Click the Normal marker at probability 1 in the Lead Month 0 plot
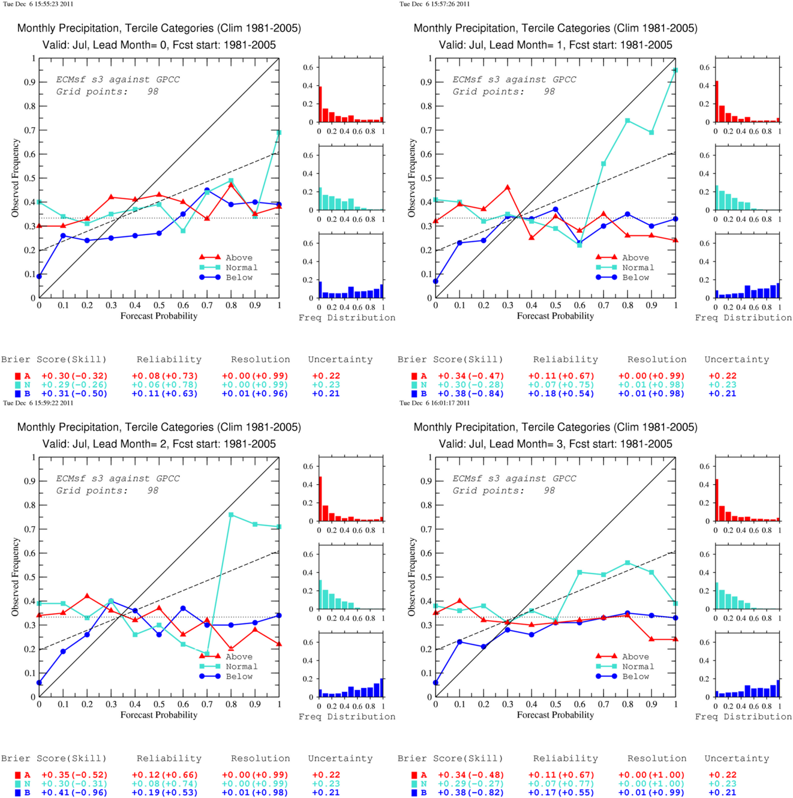pyautogui.click(x=279, y=133)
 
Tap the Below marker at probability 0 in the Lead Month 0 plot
pyautogui.click(x=40, y=276)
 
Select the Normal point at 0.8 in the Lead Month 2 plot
pyautogui.click(x=231, y=515)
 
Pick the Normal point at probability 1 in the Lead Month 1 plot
pyautogui.click(x=675, y=70)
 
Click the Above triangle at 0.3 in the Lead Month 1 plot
pyautogui.click(x=507, y=187)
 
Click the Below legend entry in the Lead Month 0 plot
pyautogui.click(x=226, y=277)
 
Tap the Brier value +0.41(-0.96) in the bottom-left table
pyautogui.click(x=74, y=792)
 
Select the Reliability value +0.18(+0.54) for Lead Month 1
pyautogui.click(x=561, y=394)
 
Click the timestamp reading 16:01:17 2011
pyautogui.click(x=434, y=403)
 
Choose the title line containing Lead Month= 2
pyautogui.click(x=159, y=444)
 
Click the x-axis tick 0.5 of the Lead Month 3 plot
pyautogui.click(x=555, y=704)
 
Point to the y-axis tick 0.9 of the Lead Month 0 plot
pyautogui.click(x=30, y=82)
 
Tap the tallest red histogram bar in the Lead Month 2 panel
pyautogui.click(x=320, y=499)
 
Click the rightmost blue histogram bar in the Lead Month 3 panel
pyautogui.click(x=778, y=688)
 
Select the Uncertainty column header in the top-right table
pyautogui.click(x=737, y=359)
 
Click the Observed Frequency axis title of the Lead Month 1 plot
pyautogui.click(x=411, y=178)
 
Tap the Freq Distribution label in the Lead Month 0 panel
pyautogui.click(x=347, y=317)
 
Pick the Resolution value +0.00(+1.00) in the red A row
pyautogui.click(x=651, y=775)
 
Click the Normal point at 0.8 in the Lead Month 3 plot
pyautogui.click(x=628, y=563)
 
